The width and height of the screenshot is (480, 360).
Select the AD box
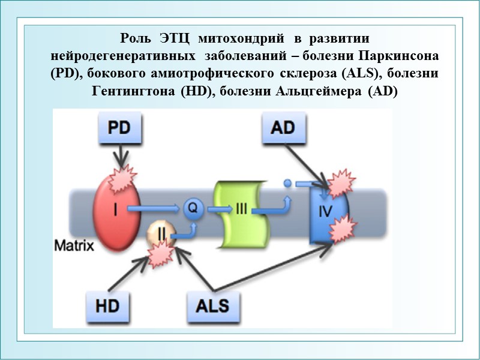pos(283,129)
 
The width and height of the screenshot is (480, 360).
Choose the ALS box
pos(212,305)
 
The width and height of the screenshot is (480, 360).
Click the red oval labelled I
pos(116,210)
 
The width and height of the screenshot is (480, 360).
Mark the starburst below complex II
pos(159,255)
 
